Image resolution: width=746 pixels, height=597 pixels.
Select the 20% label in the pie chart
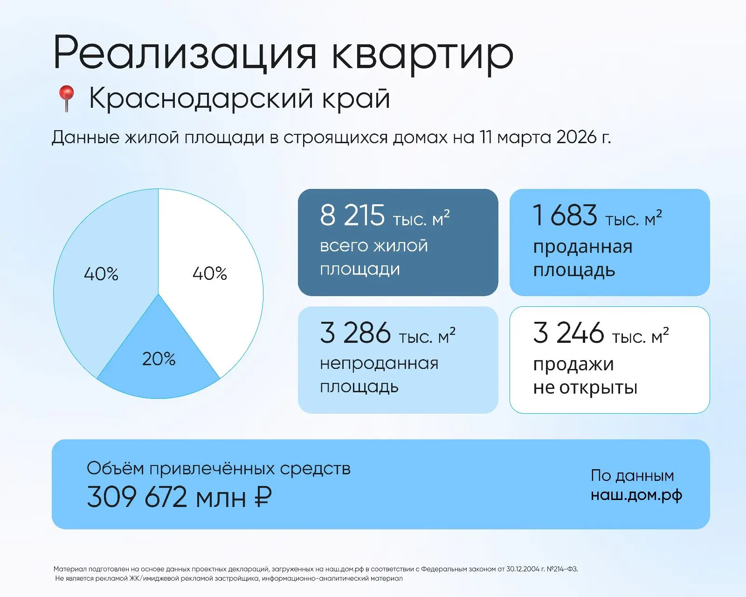coord(159,359)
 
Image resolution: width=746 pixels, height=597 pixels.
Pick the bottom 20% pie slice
coord(159,373)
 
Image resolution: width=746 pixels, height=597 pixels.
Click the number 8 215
coord(352,215)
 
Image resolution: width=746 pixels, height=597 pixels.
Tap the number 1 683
coord(565,215)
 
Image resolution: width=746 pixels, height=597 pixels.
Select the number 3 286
coord(355,333)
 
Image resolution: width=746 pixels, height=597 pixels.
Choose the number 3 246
coord(568,333)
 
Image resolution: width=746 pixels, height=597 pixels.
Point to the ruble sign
coord(263,497)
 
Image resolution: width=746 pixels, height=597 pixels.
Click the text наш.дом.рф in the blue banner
coord(636,495)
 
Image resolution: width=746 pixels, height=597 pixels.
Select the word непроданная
coord(379,363)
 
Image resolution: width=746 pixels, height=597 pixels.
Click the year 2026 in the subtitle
coord(576,137)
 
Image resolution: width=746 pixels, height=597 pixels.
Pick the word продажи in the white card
coord(573,364)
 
